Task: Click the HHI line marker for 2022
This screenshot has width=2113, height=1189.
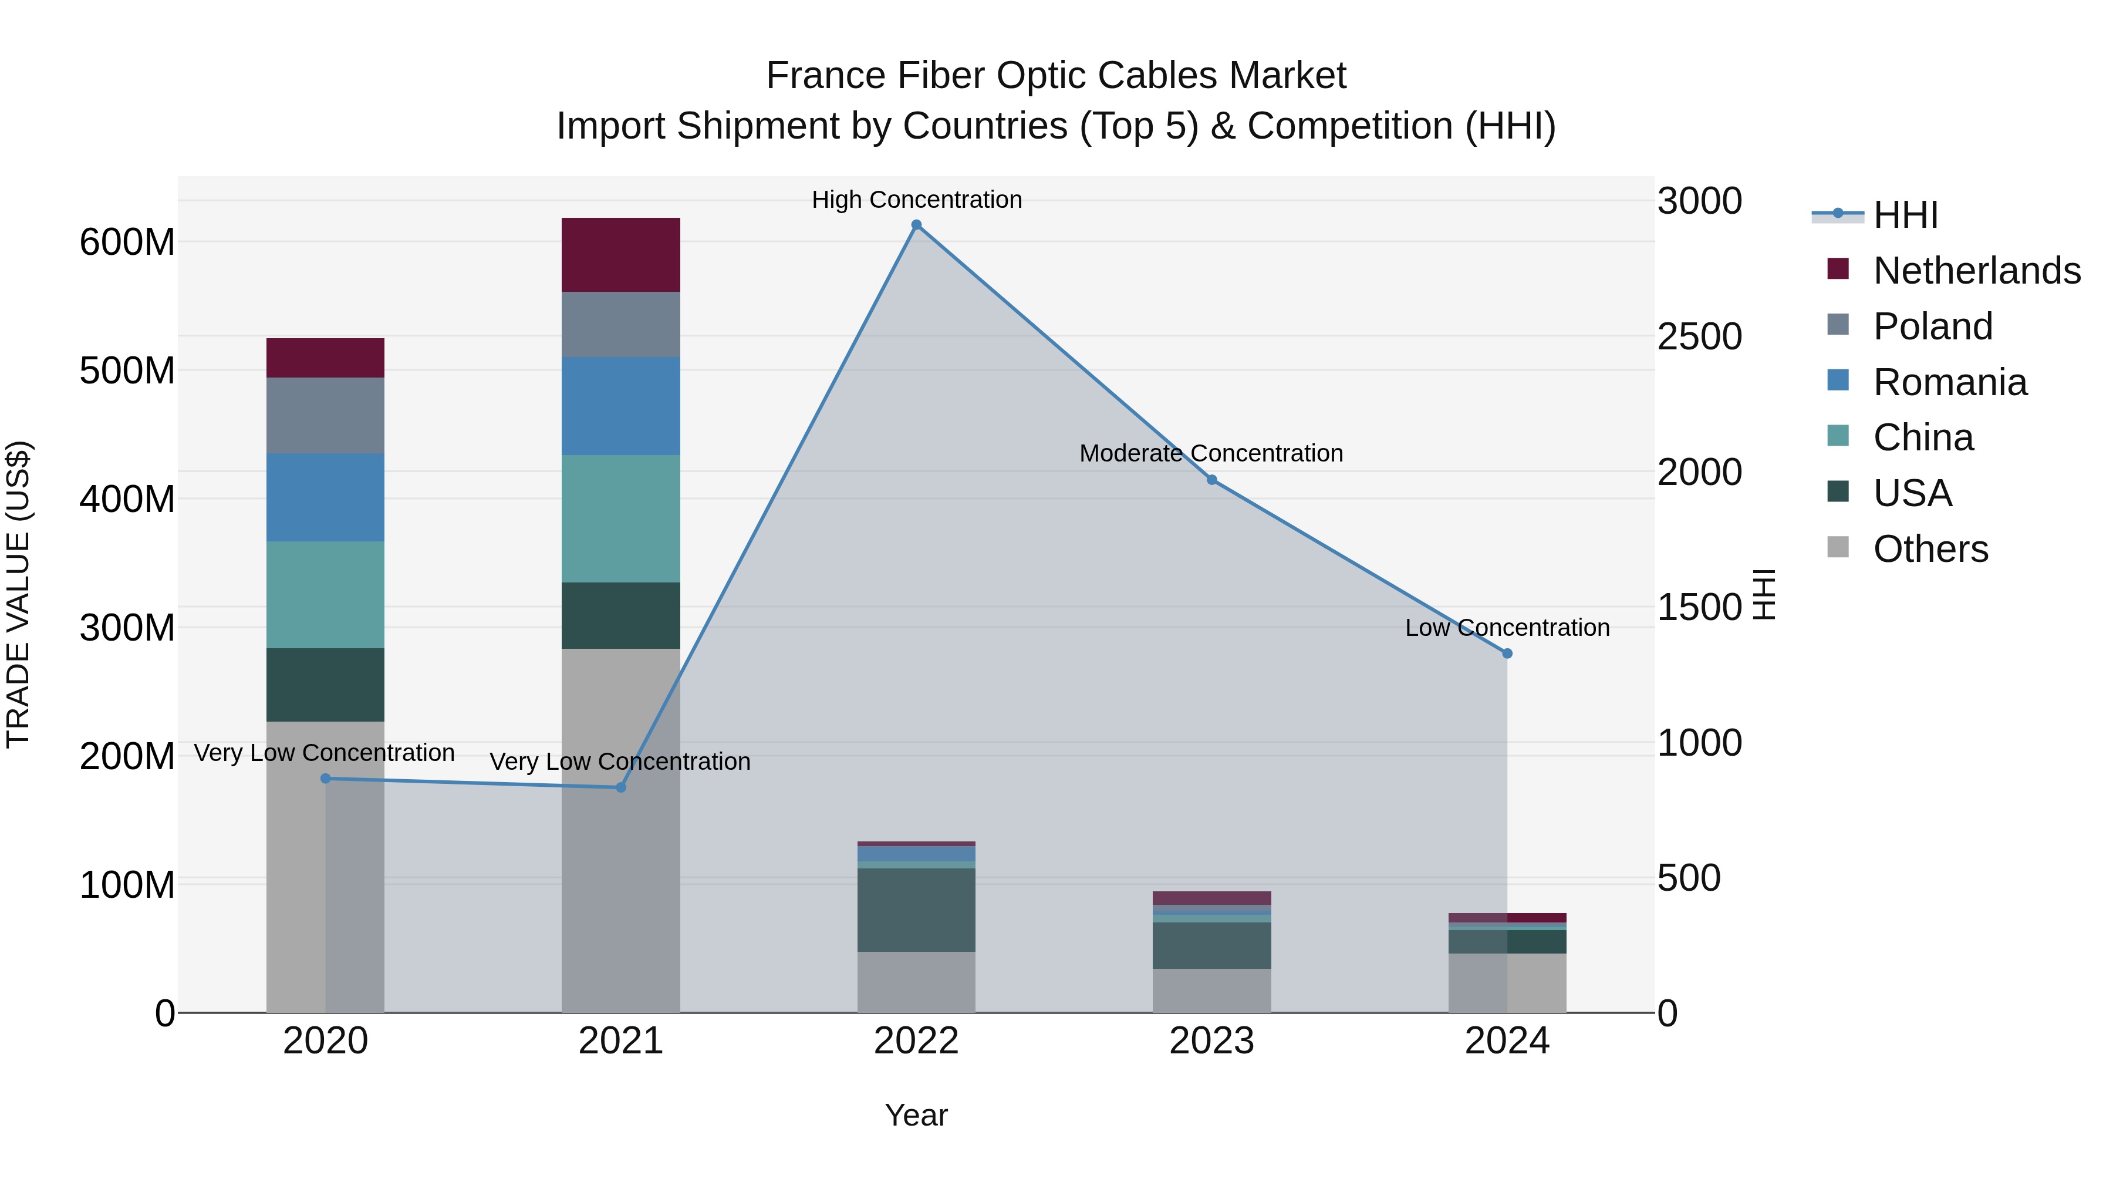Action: click(916, 225)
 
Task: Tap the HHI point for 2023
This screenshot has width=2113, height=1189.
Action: click(1211, 480)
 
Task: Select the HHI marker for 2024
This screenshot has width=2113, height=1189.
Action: click(1507, 653)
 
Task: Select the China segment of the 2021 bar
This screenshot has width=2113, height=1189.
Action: click(620, 518)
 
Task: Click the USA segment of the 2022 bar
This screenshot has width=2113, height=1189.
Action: click(916, 909)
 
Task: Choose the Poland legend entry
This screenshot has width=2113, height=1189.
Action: click(1932, 326)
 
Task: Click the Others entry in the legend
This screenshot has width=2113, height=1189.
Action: click(1930, 549)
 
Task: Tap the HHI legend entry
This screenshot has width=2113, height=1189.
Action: click(1905, 215)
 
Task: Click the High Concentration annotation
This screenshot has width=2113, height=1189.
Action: click(916, 200)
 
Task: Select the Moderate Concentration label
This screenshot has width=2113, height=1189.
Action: click(1211, 453)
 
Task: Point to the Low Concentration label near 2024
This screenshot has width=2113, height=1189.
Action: click(1507, 628)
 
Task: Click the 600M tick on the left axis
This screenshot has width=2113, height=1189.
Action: click(127, 242)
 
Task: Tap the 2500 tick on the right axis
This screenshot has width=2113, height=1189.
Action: click(1700, 336)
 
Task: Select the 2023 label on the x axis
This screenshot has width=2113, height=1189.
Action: click(1211, 1041)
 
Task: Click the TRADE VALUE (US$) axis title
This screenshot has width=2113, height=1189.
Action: click(18, 594)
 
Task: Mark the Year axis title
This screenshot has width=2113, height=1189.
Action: click(916, 1115)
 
